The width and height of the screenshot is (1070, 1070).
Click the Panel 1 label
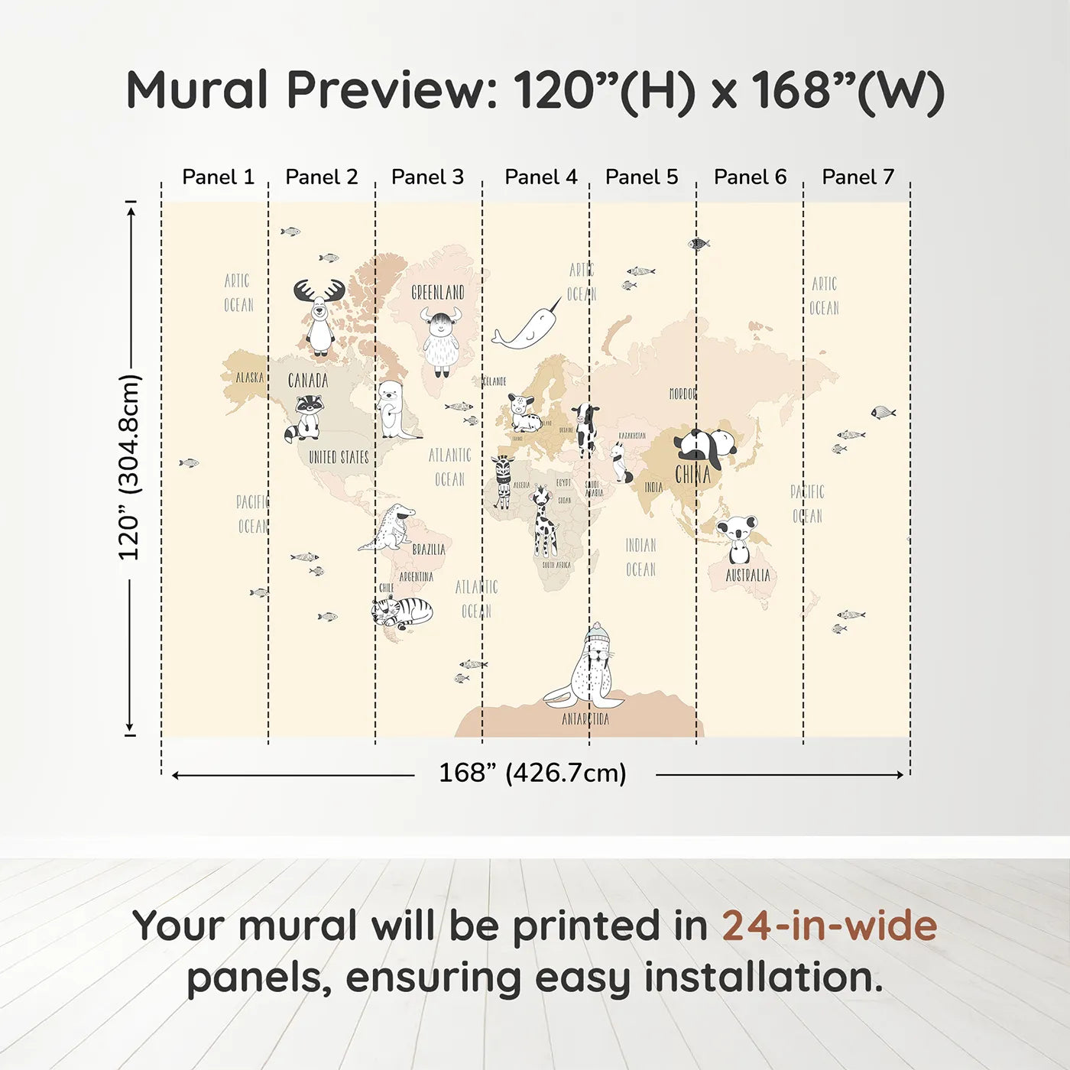(x=218, y=177)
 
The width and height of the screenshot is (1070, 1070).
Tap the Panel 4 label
(x=540, y=177)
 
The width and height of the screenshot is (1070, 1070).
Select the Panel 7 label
(x=858, y=177)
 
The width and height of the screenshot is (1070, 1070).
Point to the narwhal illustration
(x=526, y=326)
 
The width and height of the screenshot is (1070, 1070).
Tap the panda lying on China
(x=705, y=447)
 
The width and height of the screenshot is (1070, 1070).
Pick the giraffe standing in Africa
(x=543, y=522)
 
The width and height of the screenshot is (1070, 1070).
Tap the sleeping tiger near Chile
(x=402, y=611)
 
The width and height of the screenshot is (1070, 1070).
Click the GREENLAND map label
(x=438, y=292)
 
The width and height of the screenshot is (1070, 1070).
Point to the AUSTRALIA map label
(x=747, y=576)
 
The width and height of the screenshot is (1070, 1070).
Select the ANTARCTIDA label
(x=585, y=719)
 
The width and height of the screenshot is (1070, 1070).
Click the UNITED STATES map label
(x=339, y=457)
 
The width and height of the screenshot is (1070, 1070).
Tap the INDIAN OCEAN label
(x=640, y=557)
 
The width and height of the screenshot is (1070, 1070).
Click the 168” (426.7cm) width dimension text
(x=533, y=773)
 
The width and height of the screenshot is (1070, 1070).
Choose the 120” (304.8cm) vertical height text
(x=129, y=468)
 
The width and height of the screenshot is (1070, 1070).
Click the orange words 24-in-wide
(x=828, y=926)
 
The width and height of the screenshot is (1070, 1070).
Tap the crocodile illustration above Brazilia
(x=390, y=527)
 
